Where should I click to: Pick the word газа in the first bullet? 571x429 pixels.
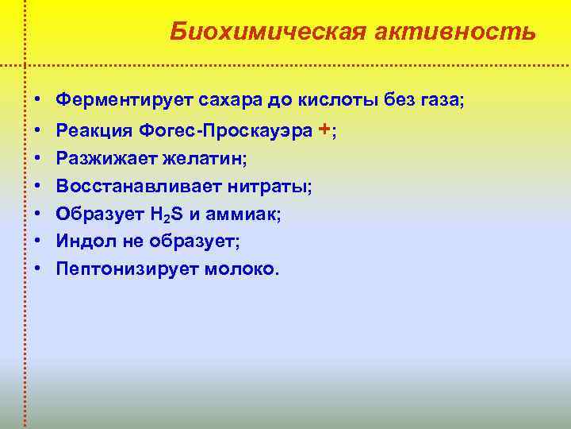(440, 101)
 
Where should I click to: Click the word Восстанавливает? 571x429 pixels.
(130, 186)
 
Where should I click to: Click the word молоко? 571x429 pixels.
(241, 269)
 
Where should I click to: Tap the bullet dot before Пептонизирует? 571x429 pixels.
(37, 269)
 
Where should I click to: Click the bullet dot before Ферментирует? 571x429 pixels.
(37, 101)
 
